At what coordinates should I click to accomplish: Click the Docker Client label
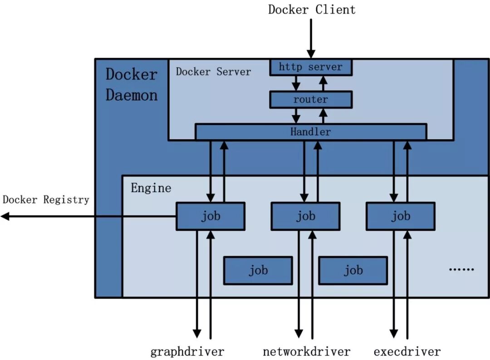point(312,10)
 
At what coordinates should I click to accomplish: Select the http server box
point(311,67)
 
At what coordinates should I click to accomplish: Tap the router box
point(311,99)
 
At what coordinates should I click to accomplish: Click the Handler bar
point(311,132)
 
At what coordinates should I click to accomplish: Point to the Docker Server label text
point(213,72)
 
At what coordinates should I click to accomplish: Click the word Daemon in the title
point(132,95)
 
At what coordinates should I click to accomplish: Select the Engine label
point(151,188)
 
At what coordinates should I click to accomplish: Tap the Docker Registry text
point(46,199)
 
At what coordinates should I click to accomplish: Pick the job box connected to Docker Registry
point(211,216)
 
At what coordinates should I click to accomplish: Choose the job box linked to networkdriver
point(305,216)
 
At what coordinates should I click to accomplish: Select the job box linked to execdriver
point(401,216)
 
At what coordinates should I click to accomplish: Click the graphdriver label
point(187,351)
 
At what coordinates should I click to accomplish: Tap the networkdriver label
point(307,351)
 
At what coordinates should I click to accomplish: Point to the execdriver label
point(407,351)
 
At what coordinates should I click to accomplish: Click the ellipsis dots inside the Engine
point(461,269)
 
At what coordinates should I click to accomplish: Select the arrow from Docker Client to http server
point(311,39)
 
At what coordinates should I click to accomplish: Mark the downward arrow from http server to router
point(296,83)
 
